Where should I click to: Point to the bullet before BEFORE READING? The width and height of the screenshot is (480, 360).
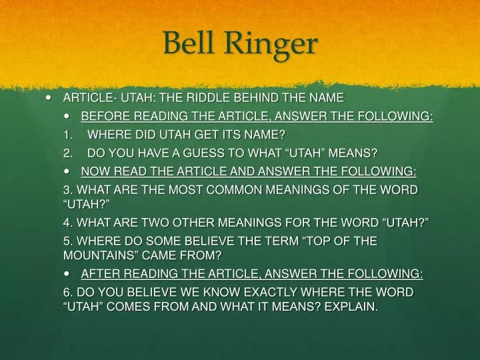(70, 117)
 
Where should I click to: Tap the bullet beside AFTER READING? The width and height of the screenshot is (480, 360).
(70, 274)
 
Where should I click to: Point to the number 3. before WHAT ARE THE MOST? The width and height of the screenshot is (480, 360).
(66, 191)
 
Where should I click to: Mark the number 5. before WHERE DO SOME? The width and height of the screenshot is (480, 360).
(66, 241)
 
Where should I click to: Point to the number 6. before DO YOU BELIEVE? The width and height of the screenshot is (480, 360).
(66, 293)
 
